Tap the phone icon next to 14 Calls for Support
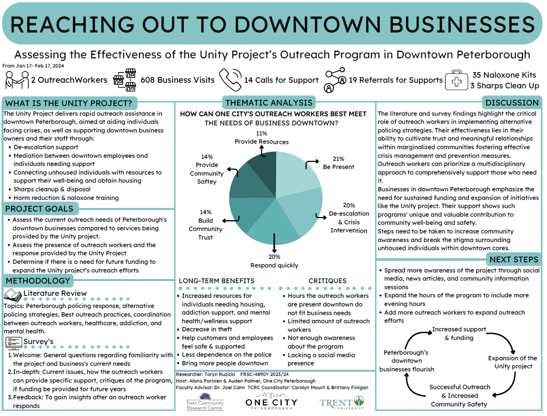(x=230, y=80)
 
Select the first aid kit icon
(x=456, y=81)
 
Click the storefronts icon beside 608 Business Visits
(x=124, y=80)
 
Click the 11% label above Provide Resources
(x=261, y=133)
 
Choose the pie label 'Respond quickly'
(x=274, y=265)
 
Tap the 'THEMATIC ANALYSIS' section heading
(x=269, y=102)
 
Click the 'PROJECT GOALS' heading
(x=39, y=209)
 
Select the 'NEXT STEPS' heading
(x=514, y=260)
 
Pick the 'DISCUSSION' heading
(x=512, y=102)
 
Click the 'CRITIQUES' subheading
(x=327, y=281)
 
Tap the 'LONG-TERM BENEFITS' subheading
(x=217, y=281)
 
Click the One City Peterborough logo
(x=271, y=403)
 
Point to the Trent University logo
(x=341, y=403)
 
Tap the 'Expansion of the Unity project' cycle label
(x=512, y=362)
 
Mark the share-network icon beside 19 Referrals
(x=335, y=80)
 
